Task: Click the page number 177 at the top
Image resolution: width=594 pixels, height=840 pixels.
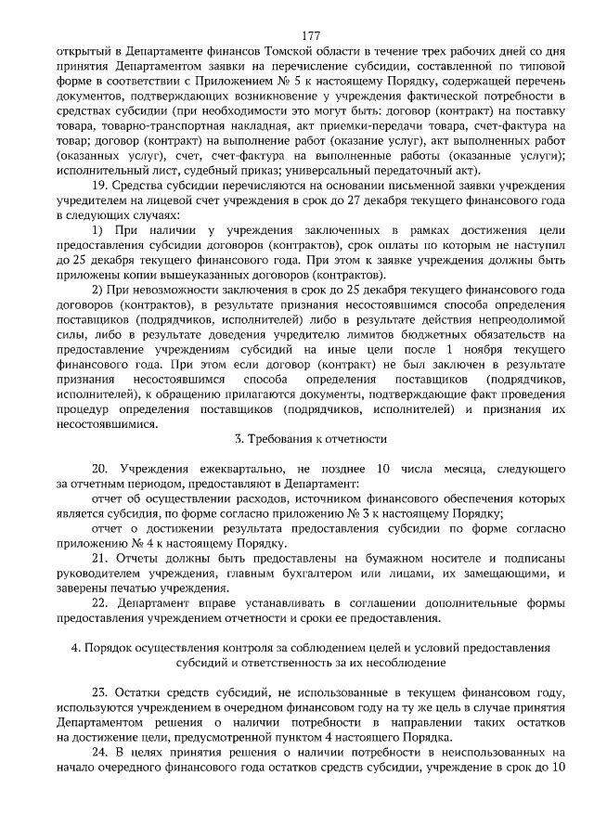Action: [297, 35]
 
